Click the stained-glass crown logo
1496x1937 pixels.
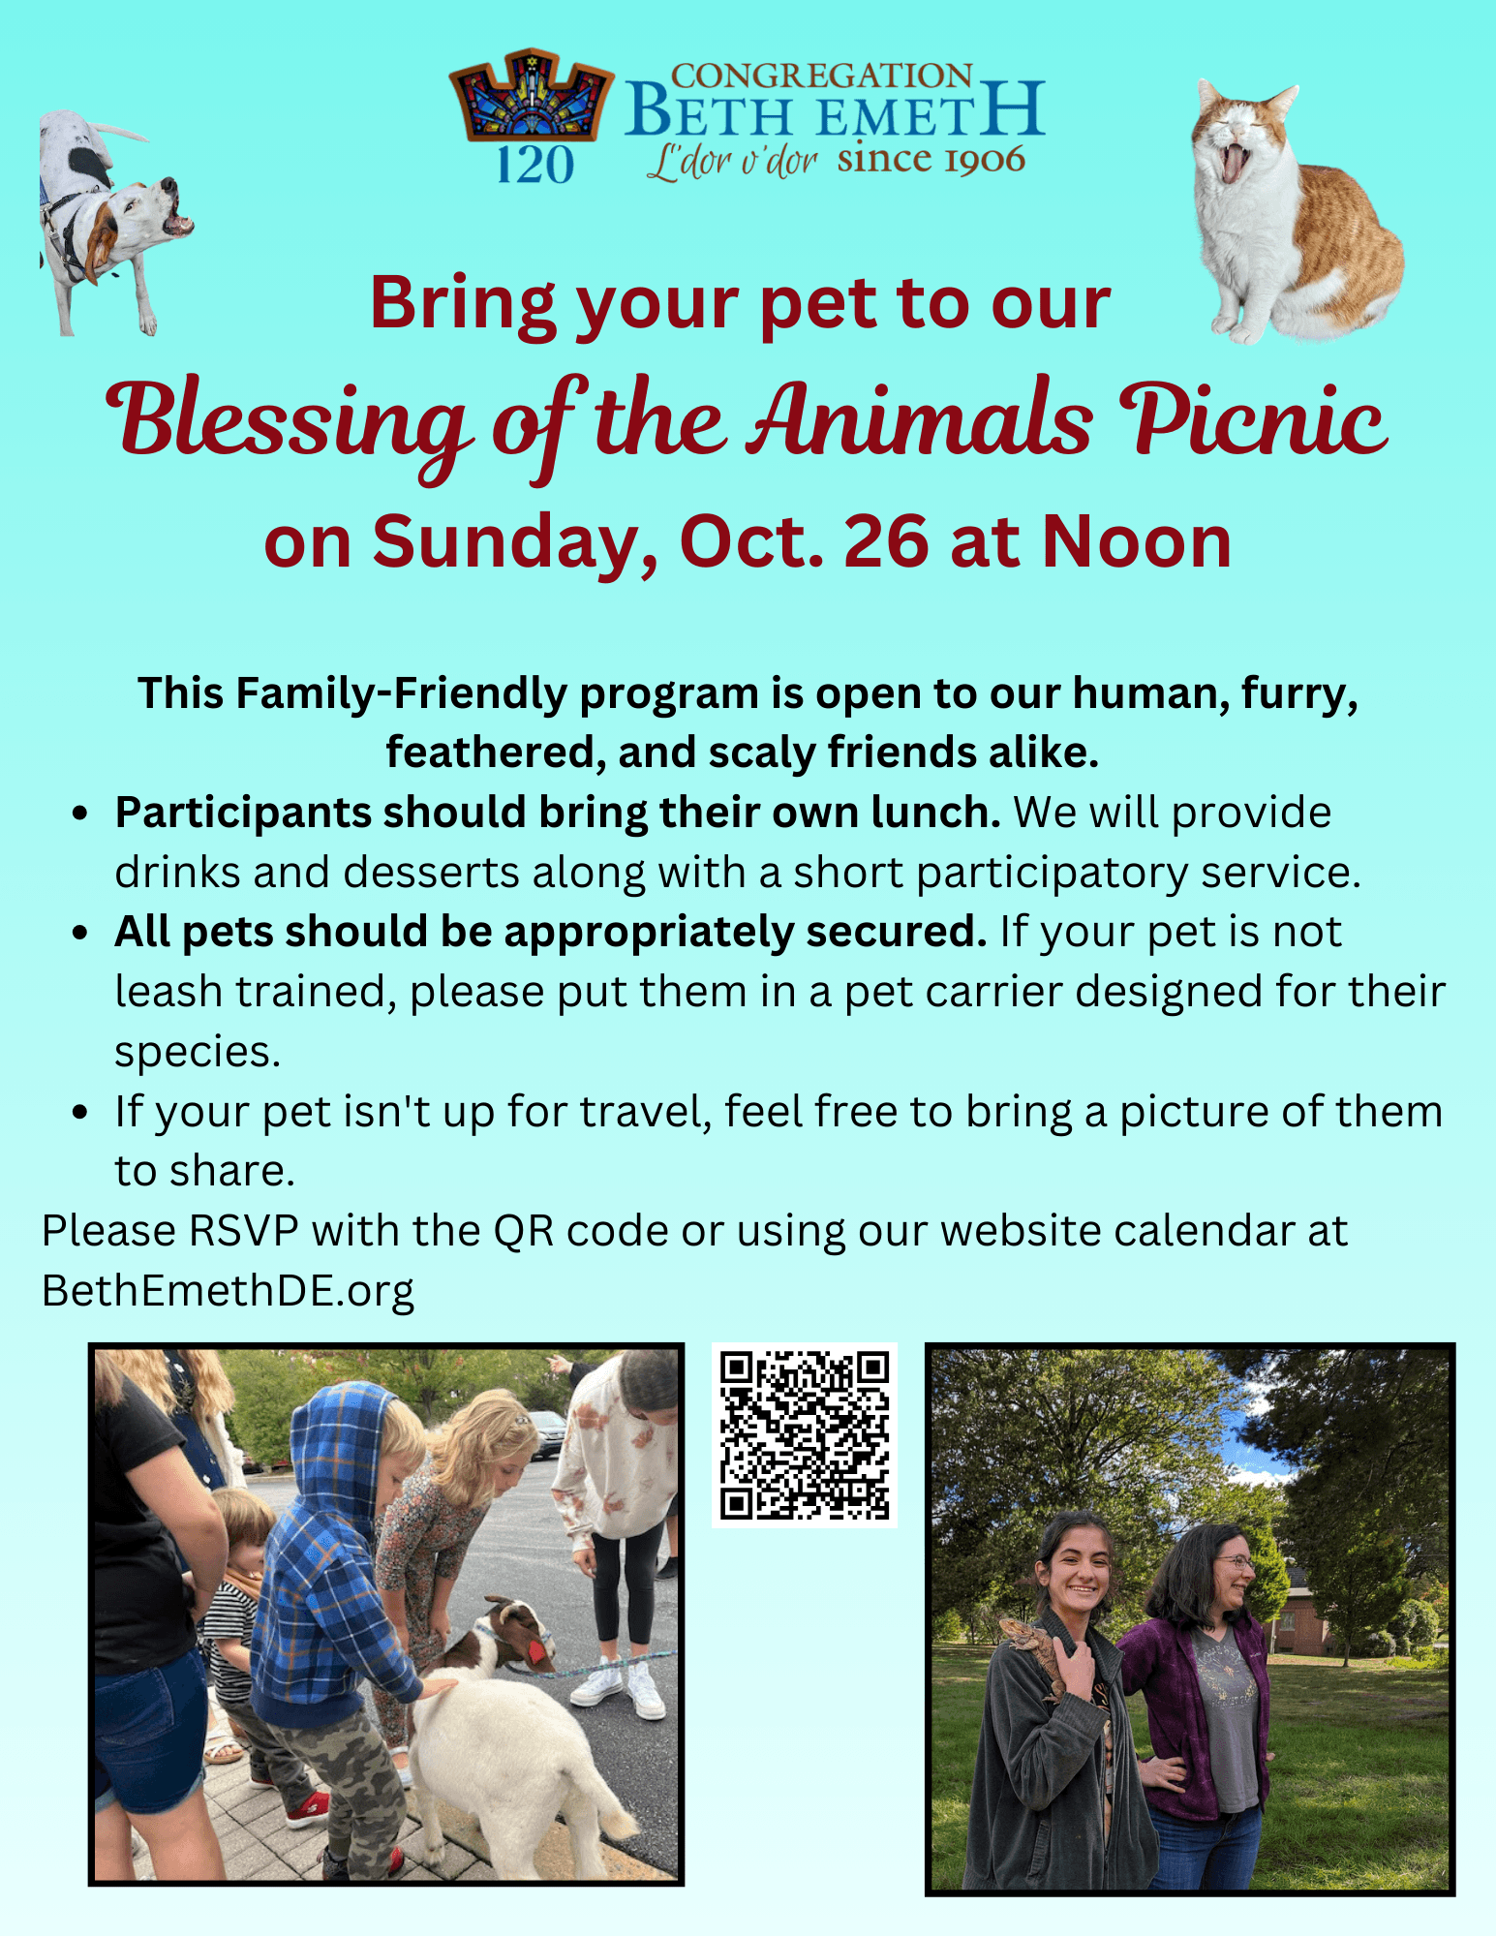point(532,98)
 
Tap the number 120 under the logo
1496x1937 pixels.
point(535,165)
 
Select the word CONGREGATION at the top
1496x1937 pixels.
point(821,76)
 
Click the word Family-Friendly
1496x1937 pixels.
point(401,693)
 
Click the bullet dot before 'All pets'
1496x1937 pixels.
point(81,933)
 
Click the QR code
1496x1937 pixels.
point(805,1435)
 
